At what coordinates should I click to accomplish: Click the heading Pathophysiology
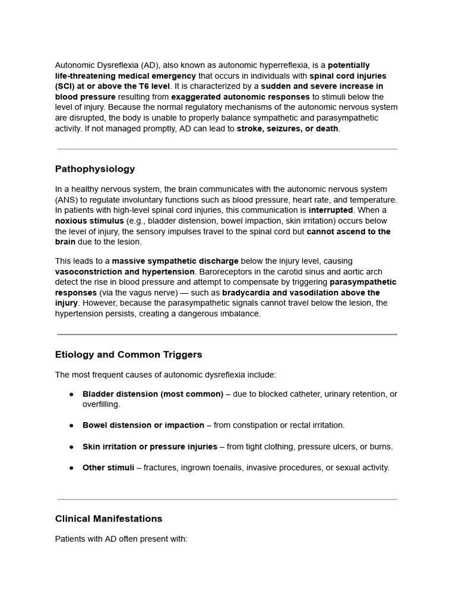click(x=95, y=169)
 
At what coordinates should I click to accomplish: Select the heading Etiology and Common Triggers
click(x=128, y=354)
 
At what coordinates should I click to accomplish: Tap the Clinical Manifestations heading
click(x=109, y=519)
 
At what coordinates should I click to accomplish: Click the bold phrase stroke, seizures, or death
click(x=287, y=128)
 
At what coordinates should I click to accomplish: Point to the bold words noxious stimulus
click(x=90, y=221)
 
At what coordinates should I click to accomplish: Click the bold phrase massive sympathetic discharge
click(x=175, y=261)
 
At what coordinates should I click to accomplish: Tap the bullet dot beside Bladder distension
click(x=71, y=394)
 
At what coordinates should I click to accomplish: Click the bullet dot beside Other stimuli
click(x=71, y=468)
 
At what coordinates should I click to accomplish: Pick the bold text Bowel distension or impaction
click(x=143, y=425)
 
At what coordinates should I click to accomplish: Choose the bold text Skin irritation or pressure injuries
click(x=150, y=447)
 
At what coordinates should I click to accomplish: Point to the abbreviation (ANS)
click(x=65, y=200)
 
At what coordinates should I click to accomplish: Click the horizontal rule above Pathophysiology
click(x=227, y=149)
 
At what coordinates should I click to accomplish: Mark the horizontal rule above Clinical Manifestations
click(x=227, y=499)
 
